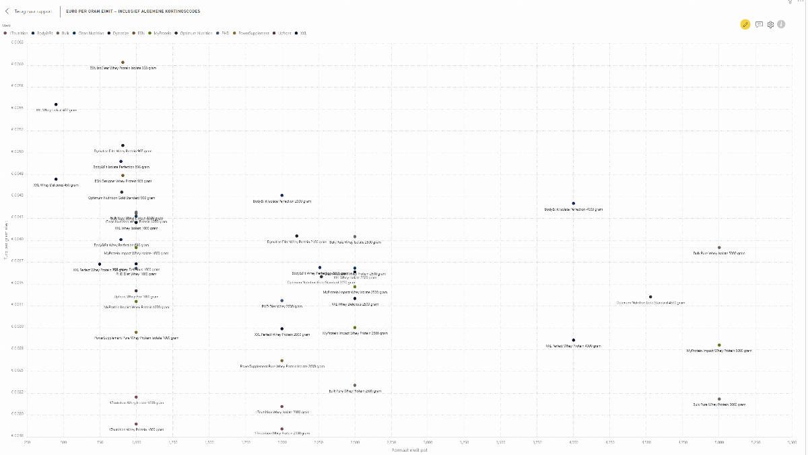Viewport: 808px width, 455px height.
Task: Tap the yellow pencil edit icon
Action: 745,24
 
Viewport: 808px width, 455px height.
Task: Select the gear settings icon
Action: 770,24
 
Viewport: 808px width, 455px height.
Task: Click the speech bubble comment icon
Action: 759,24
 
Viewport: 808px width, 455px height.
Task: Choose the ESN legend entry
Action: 140,32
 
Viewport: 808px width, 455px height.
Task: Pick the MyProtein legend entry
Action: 162,32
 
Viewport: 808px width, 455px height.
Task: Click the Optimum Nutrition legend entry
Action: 195,32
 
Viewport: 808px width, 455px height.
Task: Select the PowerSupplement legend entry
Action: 253,32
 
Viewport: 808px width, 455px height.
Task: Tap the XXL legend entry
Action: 302,32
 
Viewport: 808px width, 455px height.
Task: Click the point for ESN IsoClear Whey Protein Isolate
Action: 123,63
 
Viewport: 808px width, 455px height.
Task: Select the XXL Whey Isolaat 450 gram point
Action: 56,104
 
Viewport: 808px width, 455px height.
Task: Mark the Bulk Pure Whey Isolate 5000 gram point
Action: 719,248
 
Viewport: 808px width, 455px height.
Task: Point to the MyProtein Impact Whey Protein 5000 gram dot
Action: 719,345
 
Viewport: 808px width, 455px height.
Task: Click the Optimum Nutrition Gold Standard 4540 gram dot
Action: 650,297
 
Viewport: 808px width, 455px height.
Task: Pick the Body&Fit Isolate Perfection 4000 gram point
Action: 574,203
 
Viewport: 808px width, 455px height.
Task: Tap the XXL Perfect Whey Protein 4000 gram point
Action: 574,341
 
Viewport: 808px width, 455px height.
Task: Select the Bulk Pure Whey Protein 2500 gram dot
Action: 355,386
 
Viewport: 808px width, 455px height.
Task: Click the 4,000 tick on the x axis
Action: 574,442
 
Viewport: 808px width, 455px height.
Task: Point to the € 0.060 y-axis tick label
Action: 18,64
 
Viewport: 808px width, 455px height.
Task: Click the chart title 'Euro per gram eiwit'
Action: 133,11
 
